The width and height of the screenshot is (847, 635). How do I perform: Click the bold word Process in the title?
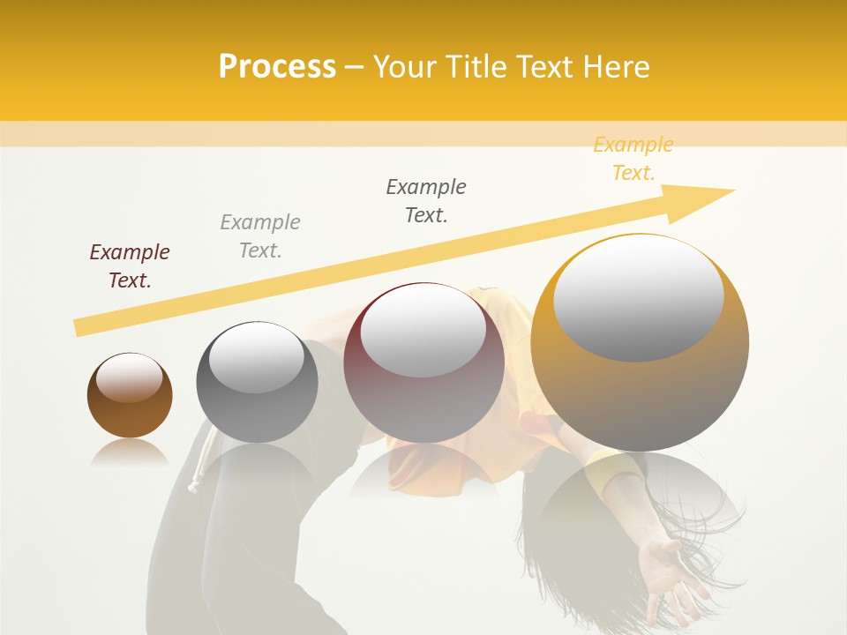(277, 66)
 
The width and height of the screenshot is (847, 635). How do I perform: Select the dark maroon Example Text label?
(130, 266)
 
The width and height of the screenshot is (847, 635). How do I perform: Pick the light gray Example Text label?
(260, 236)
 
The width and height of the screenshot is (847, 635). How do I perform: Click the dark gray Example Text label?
(426, 201)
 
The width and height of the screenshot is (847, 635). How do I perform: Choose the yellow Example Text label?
(633, 159)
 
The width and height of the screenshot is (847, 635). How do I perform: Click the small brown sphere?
(130, 395)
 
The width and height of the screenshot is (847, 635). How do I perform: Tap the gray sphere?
(257, 382)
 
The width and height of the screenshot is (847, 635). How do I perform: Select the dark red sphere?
(423, 362)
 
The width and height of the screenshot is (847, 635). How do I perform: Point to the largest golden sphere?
(640, 342)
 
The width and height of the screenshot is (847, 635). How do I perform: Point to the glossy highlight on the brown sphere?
(129, 377)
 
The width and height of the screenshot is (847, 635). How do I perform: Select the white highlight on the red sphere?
(423, 332)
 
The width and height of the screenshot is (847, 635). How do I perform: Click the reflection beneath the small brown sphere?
(130, 453)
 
